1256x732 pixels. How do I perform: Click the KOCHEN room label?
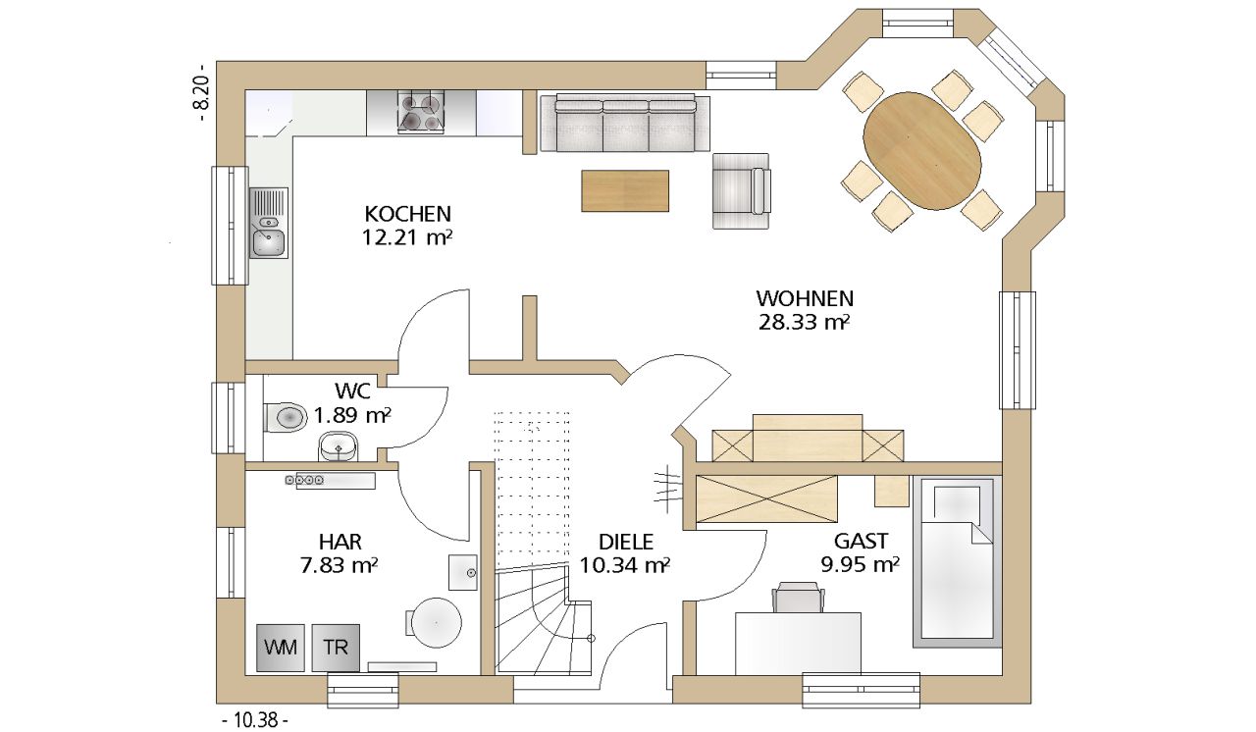click(407, 214)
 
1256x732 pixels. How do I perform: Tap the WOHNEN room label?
click(806, 298)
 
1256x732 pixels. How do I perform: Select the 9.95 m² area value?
click(861, 564)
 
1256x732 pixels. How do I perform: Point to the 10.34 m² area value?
click(625, 565)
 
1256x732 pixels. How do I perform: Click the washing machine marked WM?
click(281, 648)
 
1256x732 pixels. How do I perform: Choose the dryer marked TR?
click(336, 648)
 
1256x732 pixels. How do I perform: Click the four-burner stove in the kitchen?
click(422, 113)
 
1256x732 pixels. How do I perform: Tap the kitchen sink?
click(269, 223)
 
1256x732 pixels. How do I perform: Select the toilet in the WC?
click(285, 417)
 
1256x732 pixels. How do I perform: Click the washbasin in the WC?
click(339, 446)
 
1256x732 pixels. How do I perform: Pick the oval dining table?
click(922, 151)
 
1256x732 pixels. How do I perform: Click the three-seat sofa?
click(625, 124)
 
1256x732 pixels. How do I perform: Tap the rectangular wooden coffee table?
click(625, 191)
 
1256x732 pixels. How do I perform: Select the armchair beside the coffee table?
click(741, 190)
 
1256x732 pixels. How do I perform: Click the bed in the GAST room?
click(957, 562)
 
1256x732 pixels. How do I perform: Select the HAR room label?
click(340, 542)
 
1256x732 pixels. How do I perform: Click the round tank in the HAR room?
click(436, 623)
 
